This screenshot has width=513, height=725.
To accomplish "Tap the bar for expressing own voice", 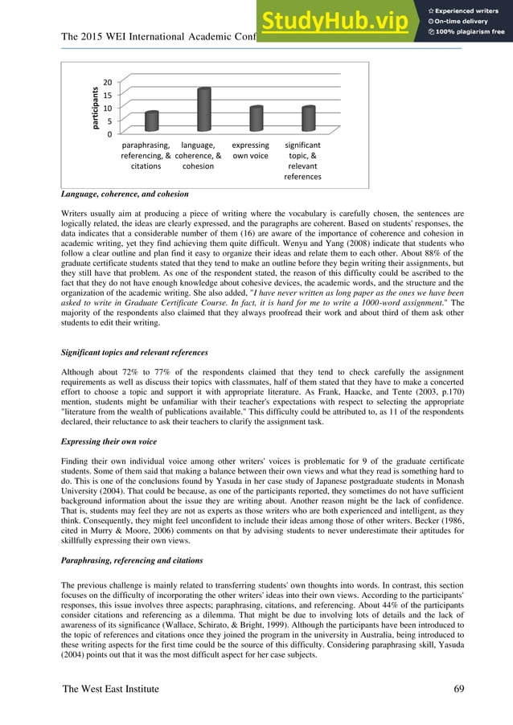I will (x=256, y=120).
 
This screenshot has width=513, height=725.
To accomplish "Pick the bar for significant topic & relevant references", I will (x=307, y=120).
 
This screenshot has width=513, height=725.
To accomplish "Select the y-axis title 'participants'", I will (x=93, y=108).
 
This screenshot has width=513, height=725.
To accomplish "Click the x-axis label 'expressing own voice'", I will (x=250, y=150).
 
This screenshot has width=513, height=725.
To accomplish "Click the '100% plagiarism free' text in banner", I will (x=470, y=32).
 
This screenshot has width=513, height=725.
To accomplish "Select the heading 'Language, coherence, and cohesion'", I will (x=125, y=195).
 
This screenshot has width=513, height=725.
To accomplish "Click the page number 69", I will (x=459, y=689).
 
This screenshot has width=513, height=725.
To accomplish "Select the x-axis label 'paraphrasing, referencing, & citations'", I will (x=146, y=156).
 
